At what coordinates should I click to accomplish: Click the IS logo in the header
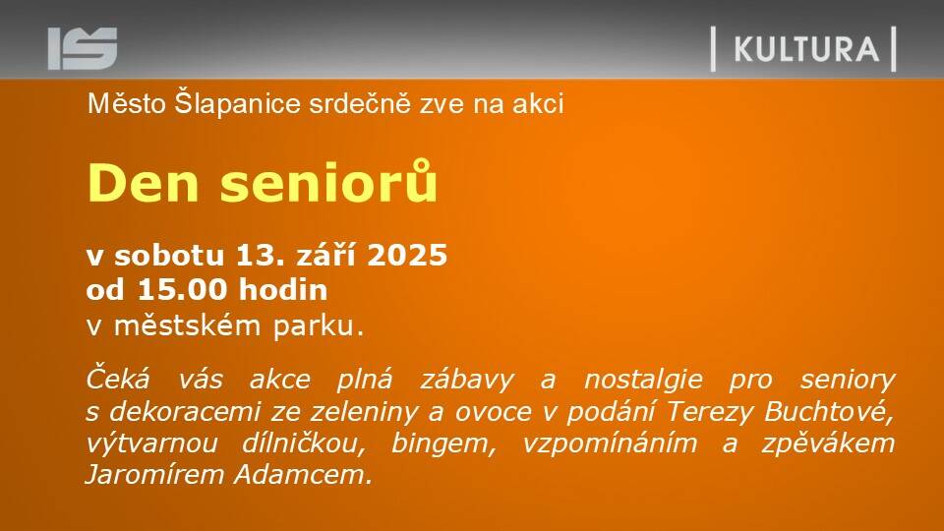coord(83,49)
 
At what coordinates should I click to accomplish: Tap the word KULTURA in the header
coord(806,49)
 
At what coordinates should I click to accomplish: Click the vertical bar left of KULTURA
coord(714,49)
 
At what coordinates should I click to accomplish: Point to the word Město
coord(127,103)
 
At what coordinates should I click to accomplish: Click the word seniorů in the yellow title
coord(328,181)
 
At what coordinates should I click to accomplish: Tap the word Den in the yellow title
coord(144,183)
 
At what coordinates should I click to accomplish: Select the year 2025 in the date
coord(407,255)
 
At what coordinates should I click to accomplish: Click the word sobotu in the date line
coord(169,255)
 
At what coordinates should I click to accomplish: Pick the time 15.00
coord(183,289)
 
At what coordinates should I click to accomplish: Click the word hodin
coord(283,289)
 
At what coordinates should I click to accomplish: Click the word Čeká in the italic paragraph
coord(117,380)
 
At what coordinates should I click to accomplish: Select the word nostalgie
coord(643,381)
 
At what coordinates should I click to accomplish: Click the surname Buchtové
coord(829,412)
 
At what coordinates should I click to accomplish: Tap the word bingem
coord(443,444)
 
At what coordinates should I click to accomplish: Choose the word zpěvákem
coord(828,443)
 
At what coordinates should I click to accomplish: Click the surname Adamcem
coord(304,475)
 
